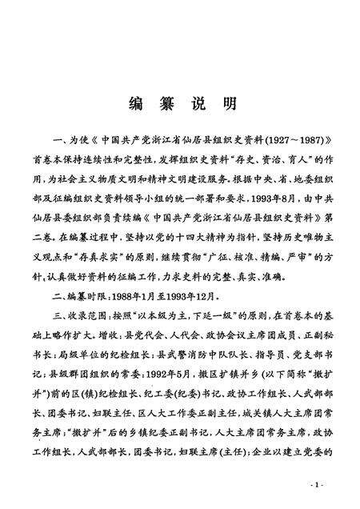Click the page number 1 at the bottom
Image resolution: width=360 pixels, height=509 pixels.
coord(318,486)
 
